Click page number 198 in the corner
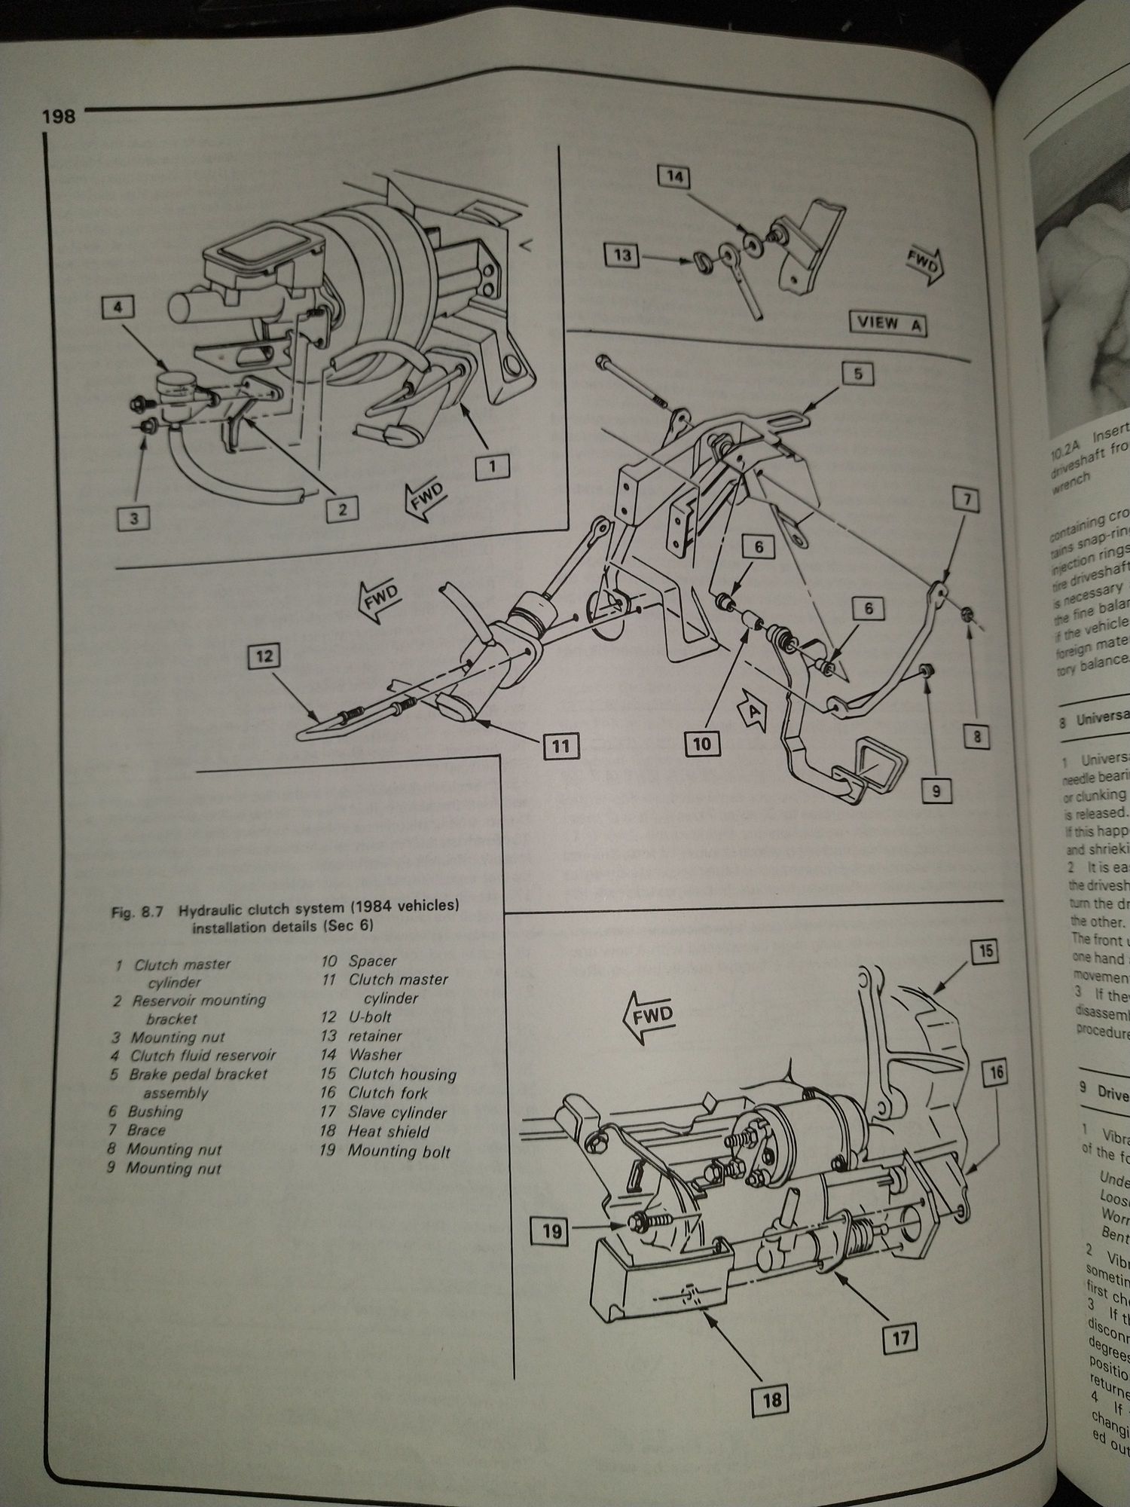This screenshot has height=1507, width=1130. [58, 117]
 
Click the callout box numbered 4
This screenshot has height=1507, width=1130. [118, 307]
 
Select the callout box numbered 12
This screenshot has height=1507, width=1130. [264, 656]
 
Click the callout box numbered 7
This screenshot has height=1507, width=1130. [967, 500]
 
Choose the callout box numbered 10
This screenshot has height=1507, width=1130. [701, 744]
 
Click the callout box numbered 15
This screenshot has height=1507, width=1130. [986, 952]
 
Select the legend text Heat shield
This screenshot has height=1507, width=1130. [388, 1131]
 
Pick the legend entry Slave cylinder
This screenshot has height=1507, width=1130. [397, 1112]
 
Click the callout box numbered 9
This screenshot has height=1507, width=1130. [935, 791]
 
